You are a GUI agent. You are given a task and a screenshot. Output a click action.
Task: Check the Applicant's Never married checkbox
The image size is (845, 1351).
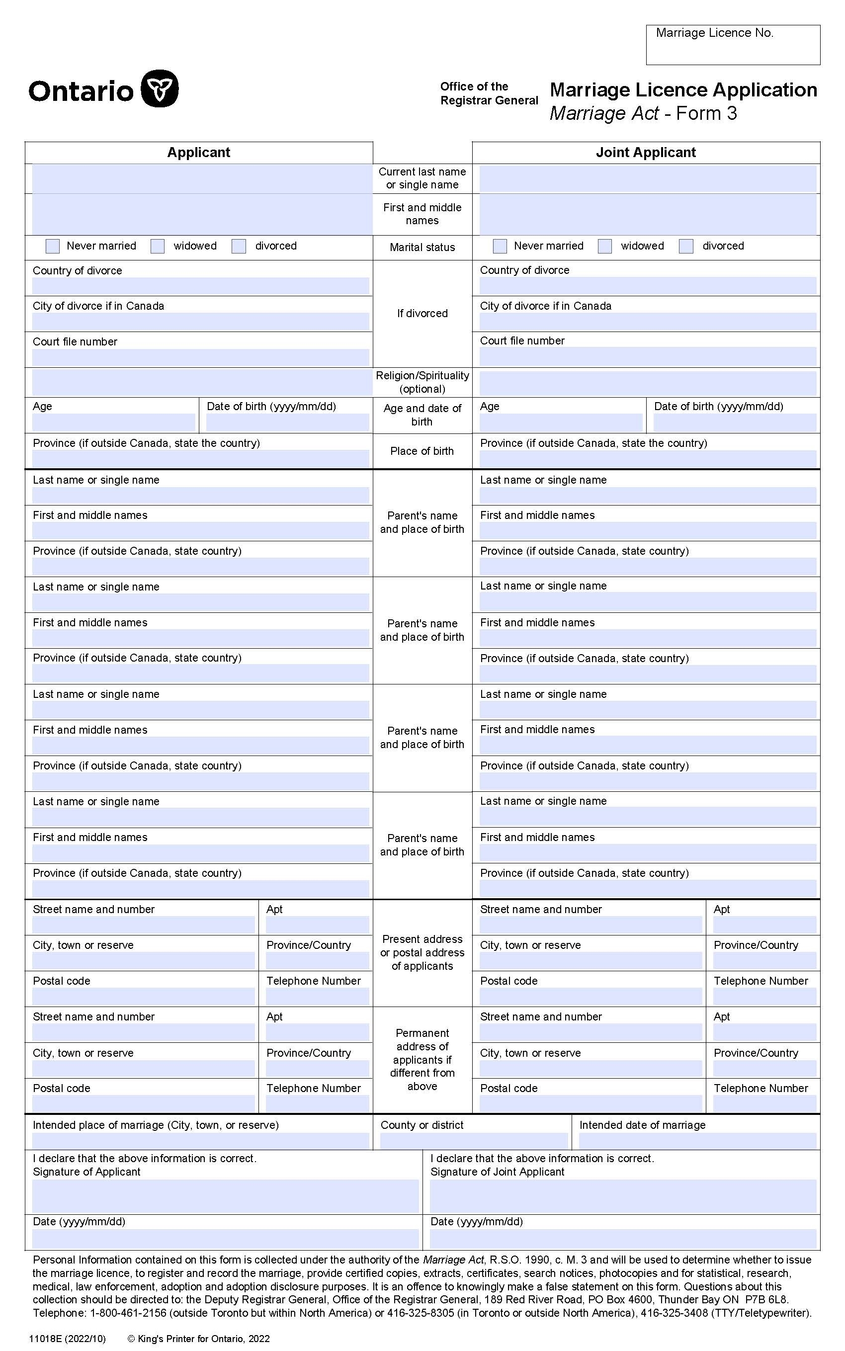pos(53,247)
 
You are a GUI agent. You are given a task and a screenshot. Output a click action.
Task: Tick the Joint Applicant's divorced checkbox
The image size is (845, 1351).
pos(686,247)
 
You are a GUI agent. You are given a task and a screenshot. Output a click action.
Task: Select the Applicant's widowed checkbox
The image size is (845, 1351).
pos(158,247)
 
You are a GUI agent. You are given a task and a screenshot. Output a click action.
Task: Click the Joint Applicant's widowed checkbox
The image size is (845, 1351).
pos(605,247)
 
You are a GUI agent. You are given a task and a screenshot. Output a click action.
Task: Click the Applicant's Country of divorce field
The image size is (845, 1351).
pos(200,286)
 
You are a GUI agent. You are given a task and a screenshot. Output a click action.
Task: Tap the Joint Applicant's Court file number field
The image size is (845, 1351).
pos(647,356)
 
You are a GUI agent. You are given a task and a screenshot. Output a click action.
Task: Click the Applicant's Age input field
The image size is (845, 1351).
pos(113,422)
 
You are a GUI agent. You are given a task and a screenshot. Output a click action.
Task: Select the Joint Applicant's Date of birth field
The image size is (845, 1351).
pos(734,422)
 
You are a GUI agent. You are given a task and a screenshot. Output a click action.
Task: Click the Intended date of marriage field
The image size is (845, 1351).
pos(697,1140)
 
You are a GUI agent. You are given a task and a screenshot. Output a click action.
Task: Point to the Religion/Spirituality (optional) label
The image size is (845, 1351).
pos(422,382)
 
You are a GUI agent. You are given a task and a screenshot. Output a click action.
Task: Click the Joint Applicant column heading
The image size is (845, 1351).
pos(646,153)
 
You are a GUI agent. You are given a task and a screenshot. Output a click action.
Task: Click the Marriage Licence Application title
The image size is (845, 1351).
pos(683,90)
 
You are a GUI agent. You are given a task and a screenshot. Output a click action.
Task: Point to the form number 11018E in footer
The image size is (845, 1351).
pos(46,1338)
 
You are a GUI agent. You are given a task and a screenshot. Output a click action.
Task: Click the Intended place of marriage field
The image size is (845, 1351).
pos(200,1140)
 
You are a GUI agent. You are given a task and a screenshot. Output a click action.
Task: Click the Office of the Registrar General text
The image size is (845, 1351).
pos(489,93)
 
